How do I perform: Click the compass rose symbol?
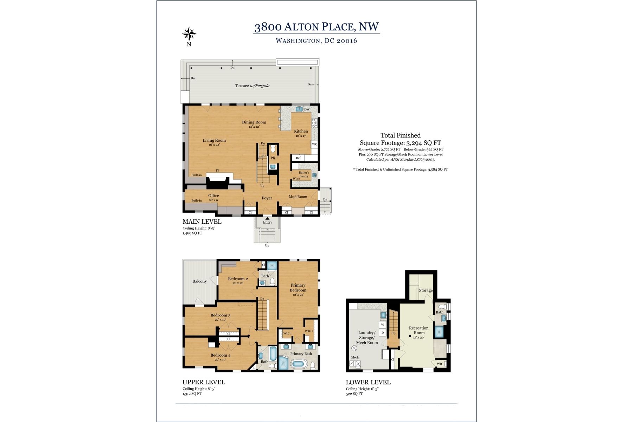pyautogui.click(x=189, y=34)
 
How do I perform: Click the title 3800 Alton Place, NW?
pyautogui.click(x=316, y=27)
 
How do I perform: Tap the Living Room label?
pyautogui.click(x=214, y=141)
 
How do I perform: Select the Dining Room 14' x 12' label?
pyautogui.click(x=254, y=124)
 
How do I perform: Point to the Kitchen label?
pyautogui.click(x=301, y=132)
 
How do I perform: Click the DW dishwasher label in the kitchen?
pyautogui.click(x=307, y=109)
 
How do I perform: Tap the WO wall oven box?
pyautogui.click(x=314, y=144)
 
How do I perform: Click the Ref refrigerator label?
pyautogui.click(x=298, y=158)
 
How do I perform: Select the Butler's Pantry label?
pyautogui.click(x=304, y=174)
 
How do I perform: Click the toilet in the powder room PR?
pyautogui.click(x=273, y=149)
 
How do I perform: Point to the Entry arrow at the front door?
pyautogui.click(x=267, y=218)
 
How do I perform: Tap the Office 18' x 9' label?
pyautogui.click(x=213, y=197)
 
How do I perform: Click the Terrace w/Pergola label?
pyautogui.click(x=252, y=85)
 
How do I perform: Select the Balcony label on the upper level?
pyautogui.click(x=199, y=281)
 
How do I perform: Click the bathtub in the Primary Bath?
pyautogui.click(x=299, y=364)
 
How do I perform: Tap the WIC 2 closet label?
pyautogui.click(x=309, y=331)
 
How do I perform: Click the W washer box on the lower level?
pyautogui.click(x=383, y=325)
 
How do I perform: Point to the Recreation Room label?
pyautogui.click(x=419, y=331)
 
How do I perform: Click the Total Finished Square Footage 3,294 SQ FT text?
pyautogui.click(x=400, y=139)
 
